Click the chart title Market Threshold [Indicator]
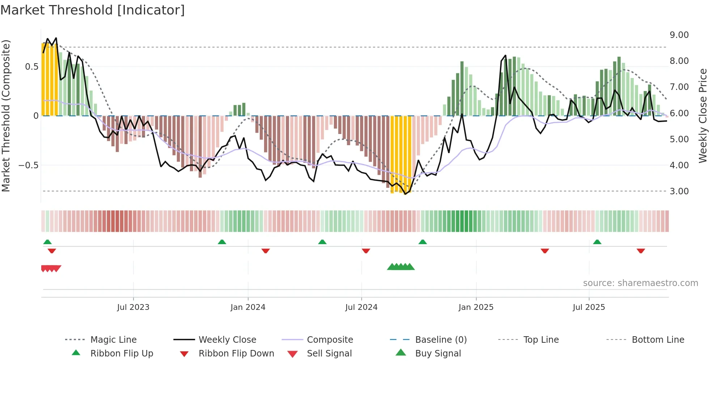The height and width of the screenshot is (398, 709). click(x=93, y=10)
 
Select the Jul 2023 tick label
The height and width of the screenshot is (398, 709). click(x=133, y=307)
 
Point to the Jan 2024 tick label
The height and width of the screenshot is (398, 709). click(x=248, y=307)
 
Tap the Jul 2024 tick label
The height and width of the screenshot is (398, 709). click(x=361, y=307)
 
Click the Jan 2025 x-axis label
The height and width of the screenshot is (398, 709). click(x=476, y=307)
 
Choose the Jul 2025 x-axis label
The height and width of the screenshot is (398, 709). click(x=589, y=307)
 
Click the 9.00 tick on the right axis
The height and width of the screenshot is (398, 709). click(x=679, y=35)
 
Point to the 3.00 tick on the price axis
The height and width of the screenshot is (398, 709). click(x=679, y=191)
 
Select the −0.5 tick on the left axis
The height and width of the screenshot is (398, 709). click(x=29, y=165)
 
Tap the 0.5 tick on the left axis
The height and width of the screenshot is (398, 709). click(x=31, y=67)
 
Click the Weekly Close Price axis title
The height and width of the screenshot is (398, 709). click(x=702, y=116)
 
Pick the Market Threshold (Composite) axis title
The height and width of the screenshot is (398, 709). click(x=6, y=116)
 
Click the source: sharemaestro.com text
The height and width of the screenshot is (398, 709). click(x=640, y=283)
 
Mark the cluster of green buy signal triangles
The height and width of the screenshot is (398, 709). click(x=401, y=267)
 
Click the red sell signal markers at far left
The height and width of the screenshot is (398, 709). click(x=51, y=268)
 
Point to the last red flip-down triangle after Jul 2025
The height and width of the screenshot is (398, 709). click(x=641, y=251)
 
